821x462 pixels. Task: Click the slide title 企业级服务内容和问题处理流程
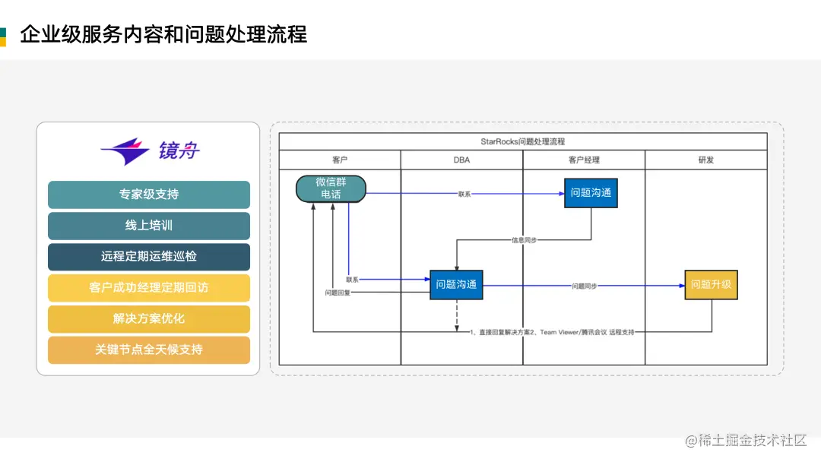click(163, 35)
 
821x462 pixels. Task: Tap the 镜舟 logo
click(150, 151)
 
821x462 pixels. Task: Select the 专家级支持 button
click(149, 195)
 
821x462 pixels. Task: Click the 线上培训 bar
click(149, 226)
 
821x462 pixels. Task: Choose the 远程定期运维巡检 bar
click(149, 257)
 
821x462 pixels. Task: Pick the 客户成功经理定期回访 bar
click(149, 288)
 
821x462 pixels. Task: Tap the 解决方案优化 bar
click(149, 319)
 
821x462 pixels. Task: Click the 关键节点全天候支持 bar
click(149, 350)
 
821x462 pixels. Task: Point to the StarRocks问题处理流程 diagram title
click(523, 141)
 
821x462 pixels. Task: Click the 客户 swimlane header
click(340, 160)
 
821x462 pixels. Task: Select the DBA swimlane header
click(461, 160)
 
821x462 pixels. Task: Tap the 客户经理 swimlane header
click(584, 160)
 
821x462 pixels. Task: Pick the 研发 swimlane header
click(706, 160)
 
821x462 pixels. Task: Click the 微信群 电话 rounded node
click(331, 188)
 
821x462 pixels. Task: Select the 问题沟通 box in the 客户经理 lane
click(591, 193)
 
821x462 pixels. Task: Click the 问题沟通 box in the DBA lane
click(456, 285)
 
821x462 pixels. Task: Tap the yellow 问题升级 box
click(712, 285)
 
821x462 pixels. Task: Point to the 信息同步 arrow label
click(524, 240)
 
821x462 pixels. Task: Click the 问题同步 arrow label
click(584, 286)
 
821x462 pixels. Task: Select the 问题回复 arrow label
click(337, 293)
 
